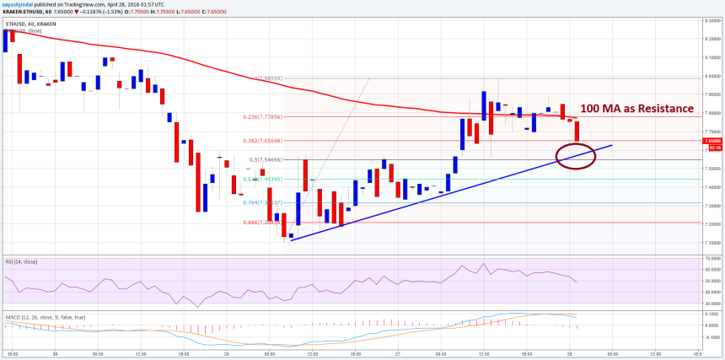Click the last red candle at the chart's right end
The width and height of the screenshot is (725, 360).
click(x=577, y=131)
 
